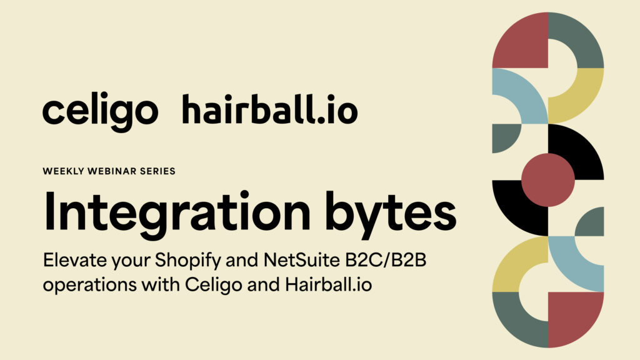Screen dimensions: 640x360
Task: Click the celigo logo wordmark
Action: (100, 111)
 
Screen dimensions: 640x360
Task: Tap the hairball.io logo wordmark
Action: (270, 109)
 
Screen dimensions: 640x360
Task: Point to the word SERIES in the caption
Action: (157, 171)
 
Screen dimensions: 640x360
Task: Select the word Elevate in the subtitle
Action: (75, 260)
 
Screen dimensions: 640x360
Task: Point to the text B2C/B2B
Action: (386, 260)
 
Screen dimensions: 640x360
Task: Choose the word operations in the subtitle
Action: (90, 285)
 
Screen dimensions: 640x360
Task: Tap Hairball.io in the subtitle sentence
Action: (329, 284)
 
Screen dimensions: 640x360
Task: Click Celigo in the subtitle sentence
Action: (214, 285)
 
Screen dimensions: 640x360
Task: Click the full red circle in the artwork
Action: (547, 180)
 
